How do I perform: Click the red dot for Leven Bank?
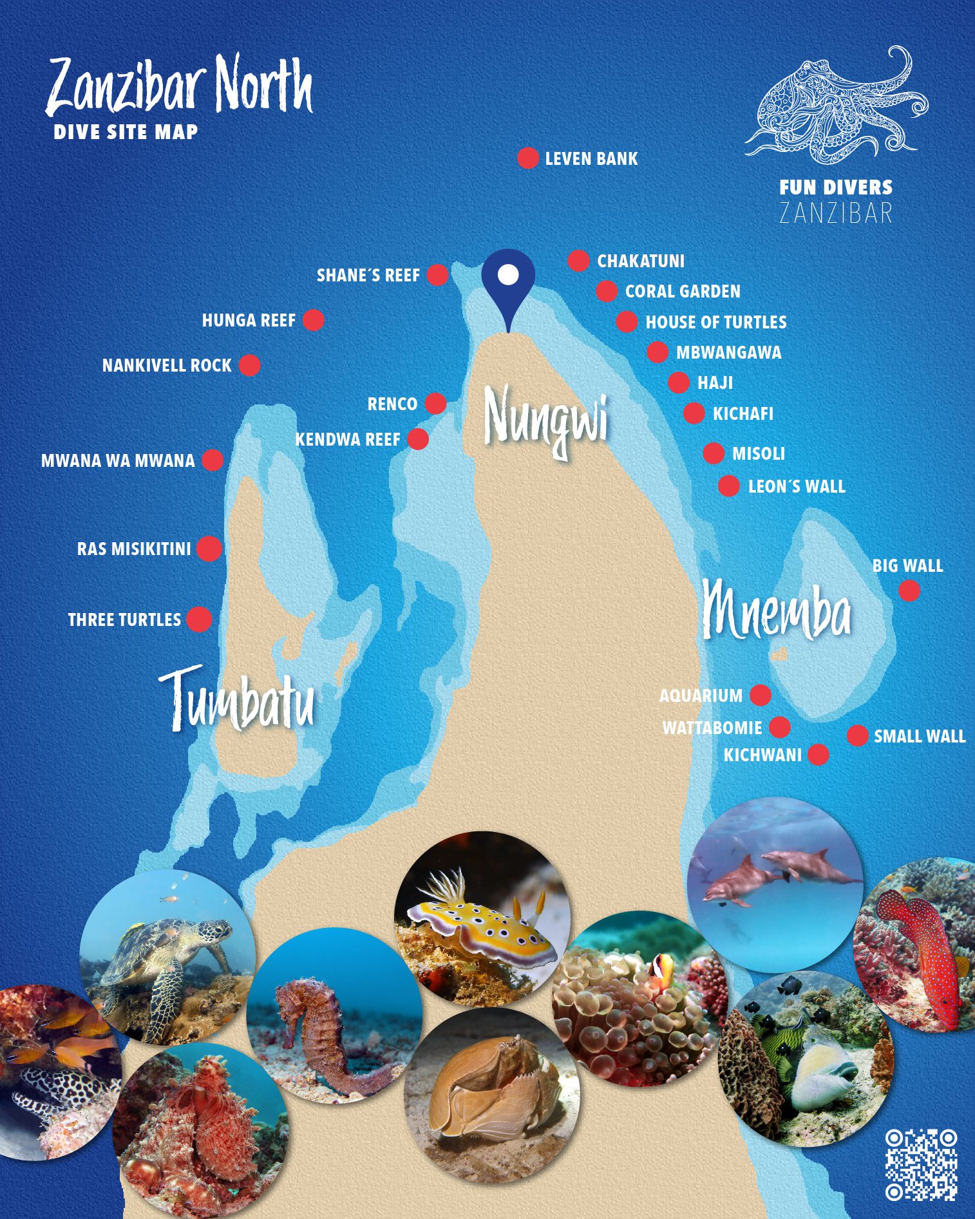pos(527,158)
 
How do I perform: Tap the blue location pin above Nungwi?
pos(508,281)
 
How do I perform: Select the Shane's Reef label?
pos(368,276)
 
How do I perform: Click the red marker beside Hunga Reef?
pos(314,320)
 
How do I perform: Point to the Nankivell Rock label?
pos(167,366)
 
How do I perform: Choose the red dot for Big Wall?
pos(909,591)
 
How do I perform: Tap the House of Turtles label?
pos(716,322)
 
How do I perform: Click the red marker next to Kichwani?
pos(818,754)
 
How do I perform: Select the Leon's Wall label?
pos(797,487)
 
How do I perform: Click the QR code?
pos(921,1164)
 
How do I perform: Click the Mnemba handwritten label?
pos(777,610)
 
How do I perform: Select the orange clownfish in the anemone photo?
pos(661,967)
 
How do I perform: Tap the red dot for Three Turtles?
pos(199,619)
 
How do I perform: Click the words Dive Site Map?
pos(126,132)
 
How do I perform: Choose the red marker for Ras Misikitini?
pos(209,549)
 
